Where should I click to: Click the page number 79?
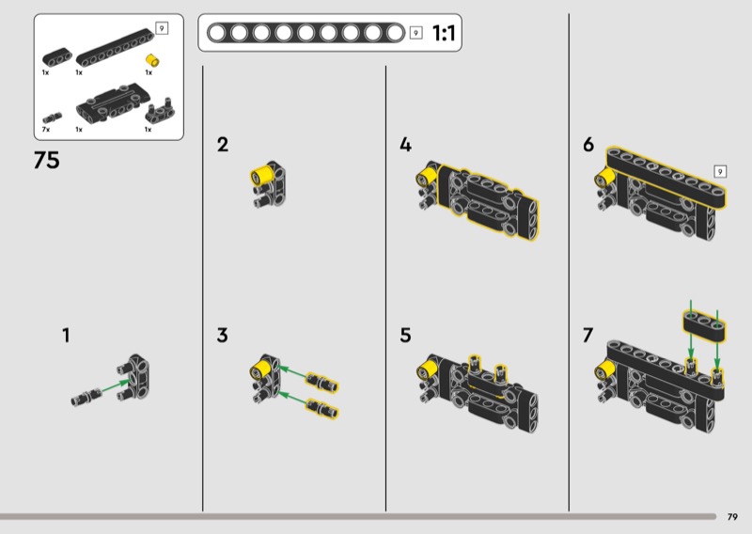[732, 517]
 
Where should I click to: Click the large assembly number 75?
[46, 160]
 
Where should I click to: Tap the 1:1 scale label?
[444, 33]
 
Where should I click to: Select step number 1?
[66, 335]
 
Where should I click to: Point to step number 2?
[223, 145]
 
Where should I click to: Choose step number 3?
[222, 335]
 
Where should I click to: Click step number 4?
[406, 145]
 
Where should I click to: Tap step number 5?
[406, 335]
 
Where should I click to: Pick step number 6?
[588, 145]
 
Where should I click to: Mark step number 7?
[588, 335]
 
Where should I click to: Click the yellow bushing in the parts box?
[152, 60]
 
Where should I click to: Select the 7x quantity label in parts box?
[45, 130]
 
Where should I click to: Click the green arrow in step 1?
[116, 385]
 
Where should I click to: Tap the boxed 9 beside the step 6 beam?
[720, 171]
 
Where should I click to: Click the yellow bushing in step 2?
[261, 175]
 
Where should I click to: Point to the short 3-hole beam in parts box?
[57, 57]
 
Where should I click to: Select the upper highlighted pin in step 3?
[322, 382]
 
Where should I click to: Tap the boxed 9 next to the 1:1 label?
[415, 33]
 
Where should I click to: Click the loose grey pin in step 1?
[86, 397]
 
